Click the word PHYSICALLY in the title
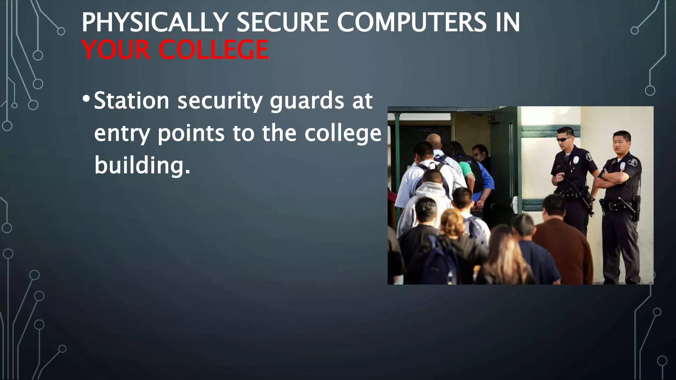[154, 22]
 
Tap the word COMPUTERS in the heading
[411, 22]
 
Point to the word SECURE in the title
[282, 22]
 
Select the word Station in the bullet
[131, 101]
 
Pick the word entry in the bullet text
[122, 134]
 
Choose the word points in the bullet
[191, 134]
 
